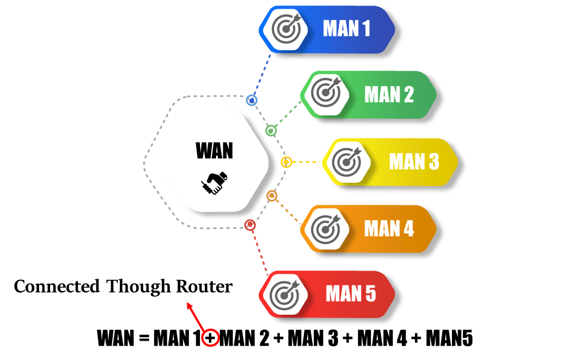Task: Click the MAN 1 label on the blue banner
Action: (x=346, y=29)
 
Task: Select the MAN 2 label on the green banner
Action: (x=389, y=94)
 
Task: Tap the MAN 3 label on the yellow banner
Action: (x=414, y=161)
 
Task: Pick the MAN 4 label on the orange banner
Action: (x=389, y=228)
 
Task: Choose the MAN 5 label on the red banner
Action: (x=351, y=294)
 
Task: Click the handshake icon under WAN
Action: (x=214, y=183)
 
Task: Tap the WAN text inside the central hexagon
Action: (x=214, y=150)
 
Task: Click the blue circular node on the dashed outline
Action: (x=252, y=101)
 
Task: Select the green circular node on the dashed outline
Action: (x=271, y=131)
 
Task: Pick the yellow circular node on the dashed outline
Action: (x=286, y=162)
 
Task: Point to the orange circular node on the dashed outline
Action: (x=271, y=195)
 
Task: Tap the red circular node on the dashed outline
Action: (x=250, y=225)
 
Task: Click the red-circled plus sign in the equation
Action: (x=210, y=338)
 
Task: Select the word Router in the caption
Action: (x=204, y=287)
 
